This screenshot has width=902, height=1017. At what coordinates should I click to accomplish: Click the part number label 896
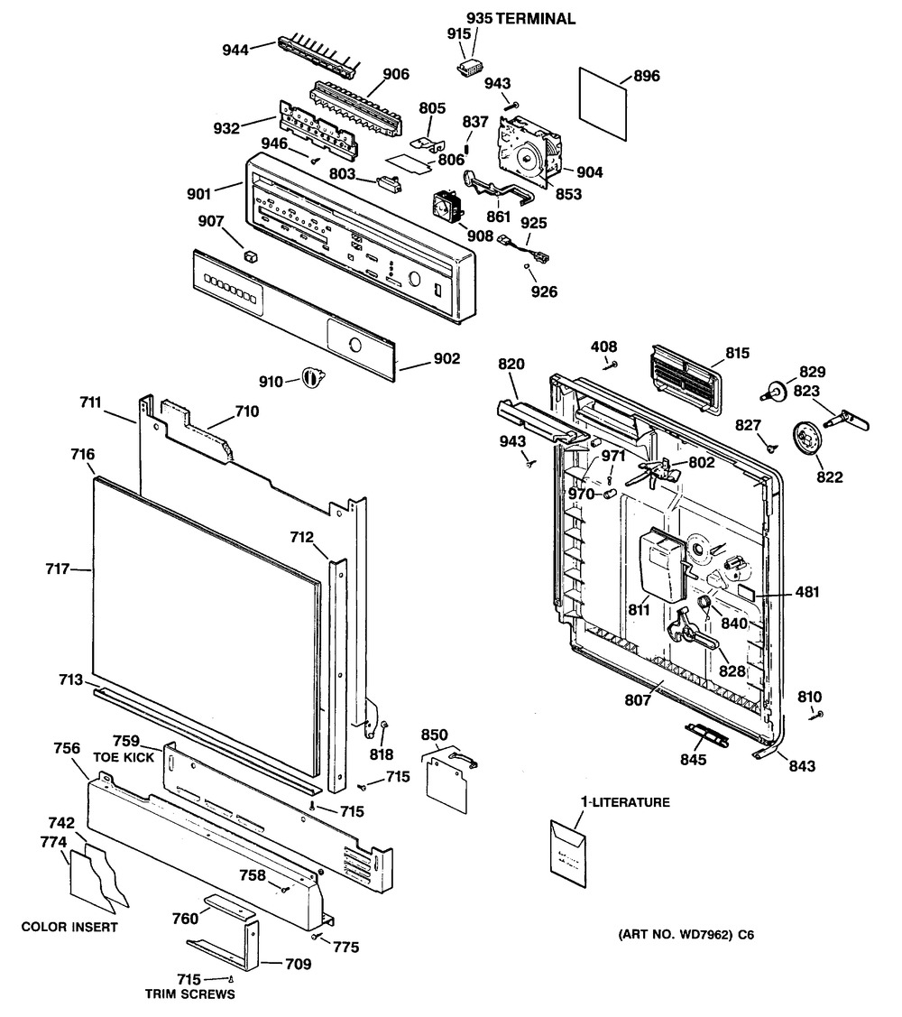647,77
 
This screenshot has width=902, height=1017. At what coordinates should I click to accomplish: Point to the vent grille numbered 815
683,380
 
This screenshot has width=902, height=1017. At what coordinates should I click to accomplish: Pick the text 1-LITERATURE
623,802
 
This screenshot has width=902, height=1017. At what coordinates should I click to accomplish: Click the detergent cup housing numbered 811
660,565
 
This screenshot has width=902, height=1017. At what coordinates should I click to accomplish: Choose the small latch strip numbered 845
706,734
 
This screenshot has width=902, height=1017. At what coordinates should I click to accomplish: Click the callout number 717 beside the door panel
57,569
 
